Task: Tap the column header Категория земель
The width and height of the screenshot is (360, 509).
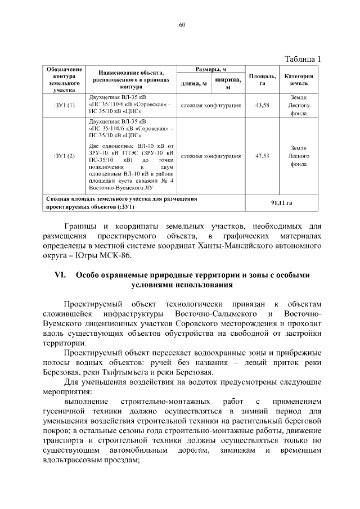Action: [299, 79]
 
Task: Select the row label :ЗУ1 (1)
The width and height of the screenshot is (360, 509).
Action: [64, 105]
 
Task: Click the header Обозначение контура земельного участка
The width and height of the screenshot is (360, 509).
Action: [64, 79]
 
